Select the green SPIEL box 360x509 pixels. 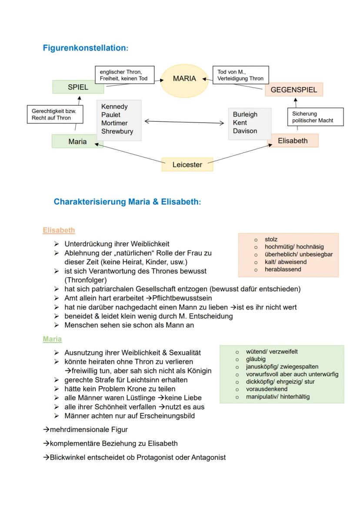(x=78, y=87)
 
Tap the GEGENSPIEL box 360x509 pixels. (x=294, y=90)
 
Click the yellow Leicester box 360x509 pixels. (x=187, y=165)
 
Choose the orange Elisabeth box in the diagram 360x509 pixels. (x=293, y=140)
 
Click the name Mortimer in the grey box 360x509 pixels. (x=114, y=123)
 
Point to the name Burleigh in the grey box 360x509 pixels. (x=245, y=114)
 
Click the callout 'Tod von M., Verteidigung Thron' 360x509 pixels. (x=240, y=75)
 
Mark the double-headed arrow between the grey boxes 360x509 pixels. (x=184, y=122)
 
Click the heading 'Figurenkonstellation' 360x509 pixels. (x=85, y=48)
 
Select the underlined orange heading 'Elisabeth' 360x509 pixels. (x=59, y=230)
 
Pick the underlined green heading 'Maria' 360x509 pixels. (x=52, y=339)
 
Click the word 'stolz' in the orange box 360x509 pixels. (x=271, y=240)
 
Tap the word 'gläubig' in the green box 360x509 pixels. (x=256, y=359)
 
